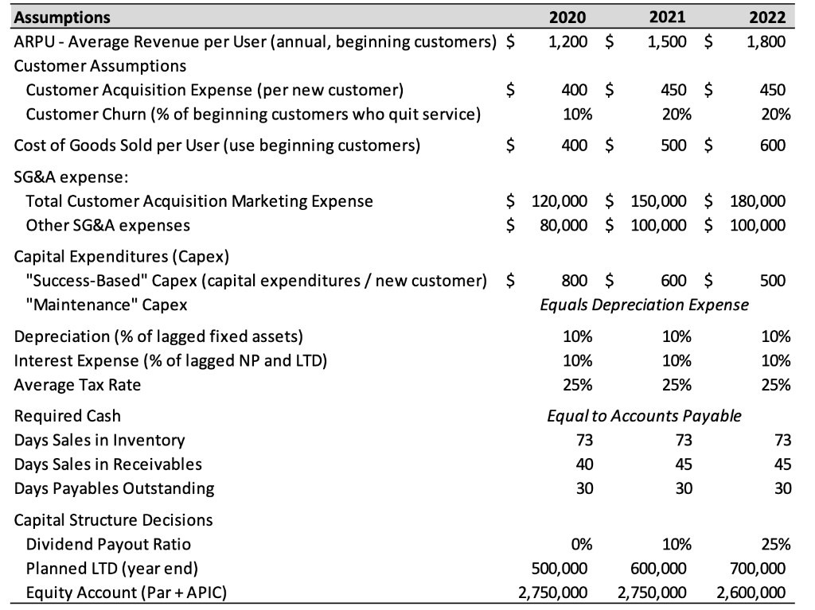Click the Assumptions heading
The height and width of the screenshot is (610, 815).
pos(62,17)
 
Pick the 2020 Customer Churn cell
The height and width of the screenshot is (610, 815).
pos(577,114)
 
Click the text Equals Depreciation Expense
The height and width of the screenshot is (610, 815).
pos(644,305)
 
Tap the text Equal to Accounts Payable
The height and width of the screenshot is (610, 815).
pos(644,416)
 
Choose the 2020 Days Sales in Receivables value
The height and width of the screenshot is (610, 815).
pos(584,464)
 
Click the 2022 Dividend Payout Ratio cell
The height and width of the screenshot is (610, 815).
pos(774,544)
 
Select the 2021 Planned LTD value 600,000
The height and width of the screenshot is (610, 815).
pos(658,568)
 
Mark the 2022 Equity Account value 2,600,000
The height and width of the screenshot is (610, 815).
pos(751,592)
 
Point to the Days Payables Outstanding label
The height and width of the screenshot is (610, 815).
pos(114,488)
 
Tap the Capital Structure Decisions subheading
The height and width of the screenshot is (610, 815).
pos(113,519)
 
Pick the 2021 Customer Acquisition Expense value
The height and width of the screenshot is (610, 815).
pos(677,89)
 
